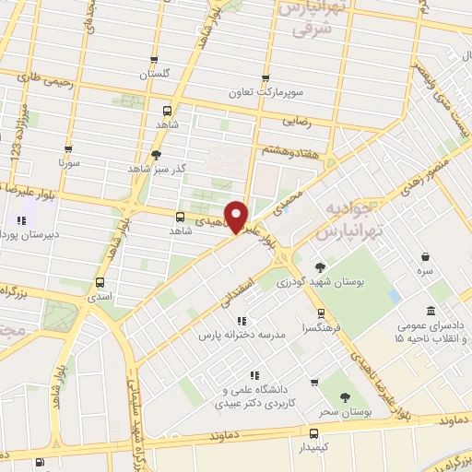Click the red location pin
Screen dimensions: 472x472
click(237, 216)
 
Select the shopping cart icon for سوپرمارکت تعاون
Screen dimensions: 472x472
click(265, 78)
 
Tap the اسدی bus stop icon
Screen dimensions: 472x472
click(100, 284)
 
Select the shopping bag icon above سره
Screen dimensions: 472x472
click(425, 257)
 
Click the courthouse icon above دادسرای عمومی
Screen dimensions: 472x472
click(431, 312)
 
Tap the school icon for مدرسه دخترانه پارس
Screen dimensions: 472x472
click(242, 321)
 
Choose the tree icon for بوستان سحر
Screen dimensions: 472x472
click(346, 397)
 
